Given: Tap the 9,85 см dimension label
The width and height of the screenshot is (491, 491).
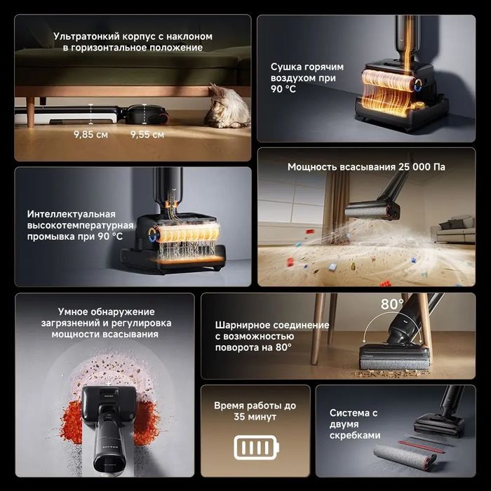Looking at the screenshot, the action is click(90, 135).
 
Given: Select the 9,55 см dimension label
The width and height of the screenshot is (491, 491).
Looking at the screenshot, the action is click(147, 135).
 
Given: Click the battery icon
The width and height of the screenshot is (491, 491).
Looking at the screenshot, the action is click(256, 448).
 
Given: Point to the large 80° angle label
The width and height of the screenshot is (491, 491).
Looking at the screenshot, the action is click(392, 304).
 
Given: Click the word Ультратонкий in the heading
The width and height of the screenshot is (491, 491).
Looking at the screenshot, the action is click(86, 36).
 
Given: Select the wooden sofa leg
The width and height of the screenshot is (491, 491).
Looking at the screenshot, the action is click(30, 112).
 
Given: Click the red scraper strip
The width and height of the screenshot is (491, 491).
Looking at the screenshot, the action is click(421, 447).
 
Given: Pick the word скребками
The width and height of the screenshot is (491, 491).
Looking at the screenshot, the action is click(355, 436).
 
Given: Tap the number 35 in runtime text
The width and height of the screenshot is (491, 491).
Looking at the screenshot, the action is click(239, 417).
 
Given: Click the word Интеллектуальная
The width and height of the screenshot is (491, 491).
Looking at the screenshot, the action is click(72, 214).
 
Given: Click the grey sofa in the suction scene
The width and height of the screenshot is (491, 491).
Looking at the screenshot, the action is click(453, 229).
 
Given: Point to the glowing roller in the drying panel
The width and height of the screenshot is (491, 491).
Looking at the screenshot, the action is click(388, 81).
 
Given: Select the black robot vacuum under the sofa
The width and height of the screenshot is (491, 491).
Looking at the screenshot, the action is click(147, 114).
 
